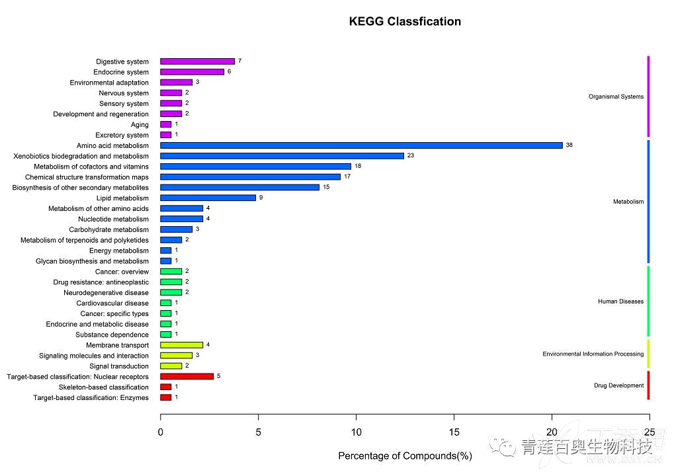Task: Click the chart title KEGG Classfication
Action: (405, 22)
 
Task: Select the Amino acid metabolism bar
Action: (361, 145)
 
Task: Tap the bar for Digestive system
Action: (197, 61)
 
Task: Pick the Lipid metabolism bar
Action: (208, 198)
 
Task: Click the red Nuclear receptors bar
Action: (187, 376)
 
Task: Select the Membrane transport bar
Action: (181, 345)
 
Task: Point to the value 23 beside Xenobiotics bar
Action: (410, 156)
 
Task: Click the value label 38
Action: (569, 145)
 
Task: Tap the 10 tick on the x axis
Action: (356, 432)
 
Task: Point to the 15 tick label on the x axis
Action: (454, 432)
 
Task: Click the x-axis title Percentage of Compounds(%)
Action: (405, 456)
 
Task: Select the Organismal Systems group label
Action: (616, 97)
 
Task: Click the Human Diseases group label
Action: (620, 301)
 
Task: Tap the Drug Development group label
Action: (618, 385)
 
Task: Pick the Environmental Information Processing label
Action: (593, 354)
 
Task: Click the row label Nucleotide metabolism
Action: (113, 219)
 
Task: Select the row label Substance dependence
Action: (112, 335)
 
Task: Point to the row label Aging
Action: (140, 124)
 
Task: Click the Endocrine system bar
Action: (192, 72)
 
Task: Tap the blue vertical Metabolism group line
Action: (648, 202)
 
